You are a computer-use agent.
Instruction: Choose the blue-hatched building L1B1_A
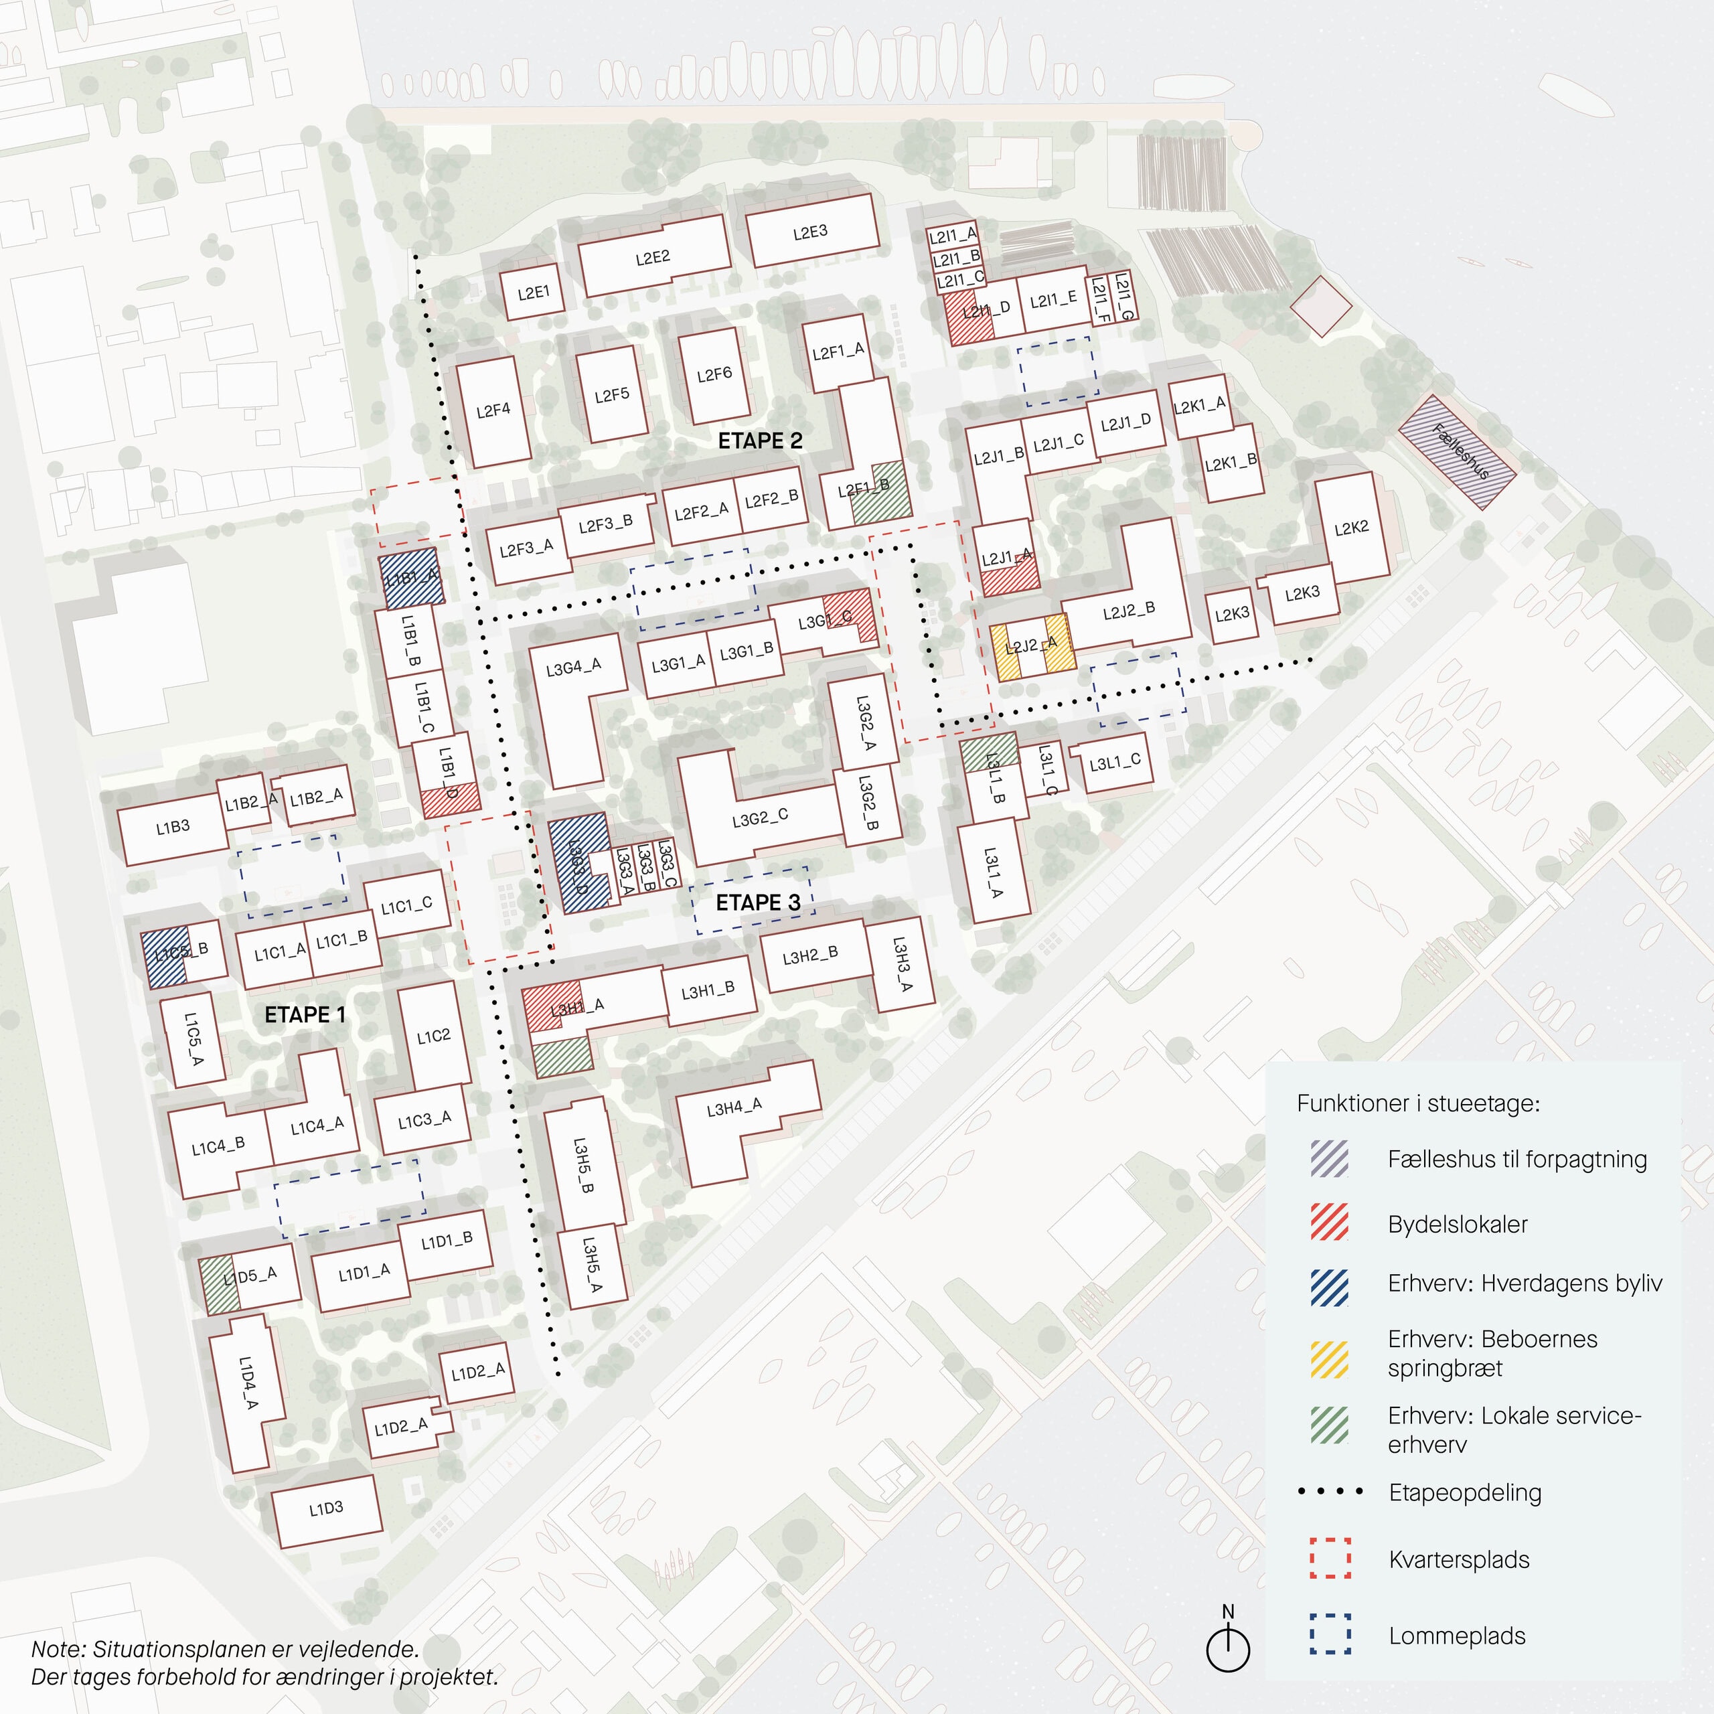tap(410, 580)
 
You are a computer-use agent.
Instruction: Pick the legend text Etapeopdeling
tap(1465, 1492)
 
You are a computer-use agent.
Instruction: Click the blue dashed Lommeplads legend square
tap(1330, 1634)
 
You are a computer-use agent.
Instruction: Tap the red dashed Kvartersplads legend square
tap(1330, 1559)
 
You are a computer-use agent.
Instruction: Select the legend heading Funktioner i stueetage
tap(1417, 1103)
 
